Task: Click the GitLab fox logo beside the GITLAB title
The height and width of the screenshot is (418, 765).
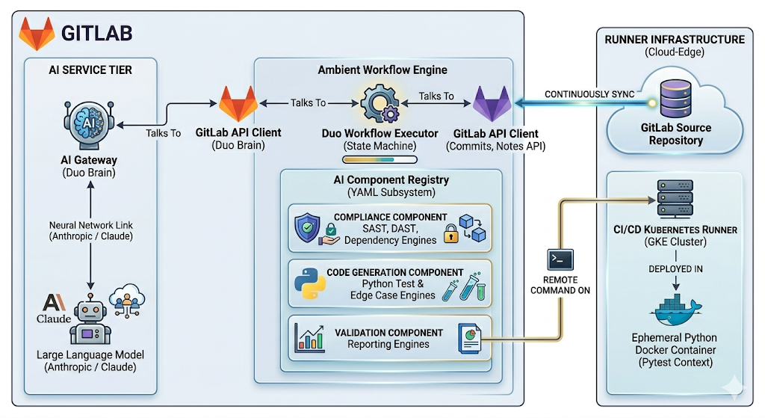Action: coord(36,33)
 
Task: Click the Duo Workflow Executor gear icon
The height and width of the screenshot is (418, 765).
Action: coord(379,104)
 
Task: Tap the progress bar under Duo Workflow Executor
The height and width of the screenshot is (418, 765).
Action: coord(379,159)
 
